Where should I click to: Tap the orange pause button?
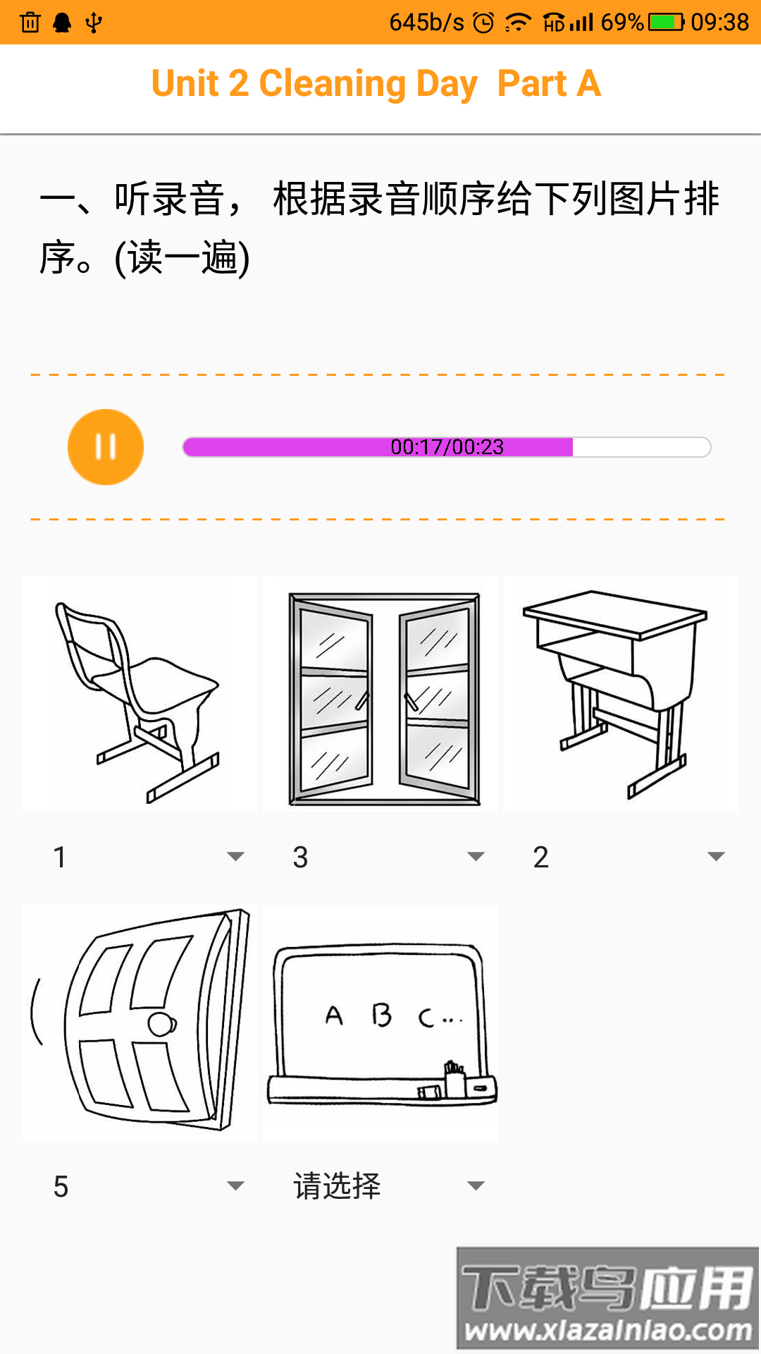tap(106, 447)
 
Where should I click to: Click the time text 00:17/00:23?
tap(447, 447)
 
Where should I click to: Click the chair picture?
tap(140, 695)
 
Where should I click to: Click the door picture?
tap(140, 1023)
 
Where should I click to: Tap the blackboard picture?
tap(380, 1023)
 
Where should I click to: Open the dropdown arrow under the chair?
tap(235, 857)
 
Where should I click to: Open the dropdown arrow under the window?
tap(476, 857)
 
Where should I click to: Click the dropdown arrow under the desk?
tap(716, 857)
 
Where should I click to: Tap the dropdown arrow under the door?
tap(235, 1186)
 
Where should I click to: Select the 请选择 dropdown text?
tap(337, 1186)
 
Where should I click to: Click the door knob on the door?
tap(162, 1024)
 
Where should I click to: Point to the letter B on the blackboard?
tap(381, 1015)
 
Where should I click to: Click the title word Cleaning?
tap(333, 84)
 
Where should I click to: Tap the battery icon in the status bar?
tap(665, 23)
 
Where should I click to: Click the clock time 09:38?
tap(719, 23)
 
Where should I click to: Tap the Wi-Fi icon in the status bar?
tap(518, 23)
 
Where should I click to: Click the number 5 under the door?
tap(61, 1187)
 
